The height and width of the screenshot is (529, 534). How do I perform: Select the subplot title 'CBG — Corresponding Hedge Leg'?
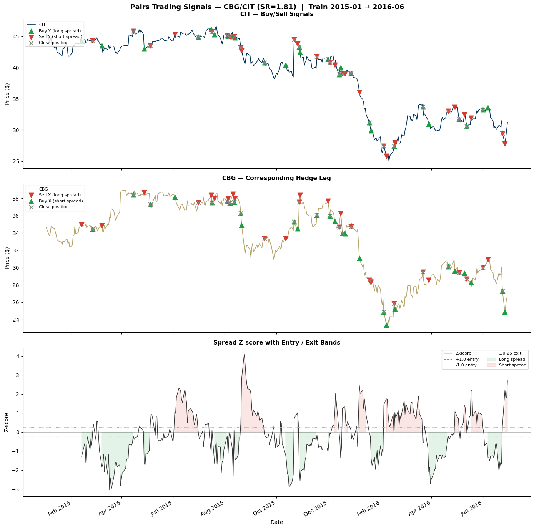pyautogui.click(x=276, y=178)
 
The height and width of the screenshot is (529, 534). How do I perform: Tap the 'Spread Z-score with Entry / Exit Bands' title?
pyautogui.click(x=276, y=343)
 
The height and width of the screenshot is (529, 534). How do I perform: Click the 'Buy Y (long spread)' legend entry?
pyautogui.click(x=60, y=31)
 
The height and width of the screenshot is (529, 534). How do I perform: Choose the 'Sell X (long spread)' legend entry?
pyautogui.click(x=60, y=195)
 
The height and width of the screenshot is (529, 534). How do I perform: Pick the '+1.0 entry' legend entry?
pyautogui.click(x=467, y=359)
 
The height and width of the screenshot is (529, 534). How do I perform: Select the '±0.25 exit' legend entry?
pyautogui.click(x=510, y=353)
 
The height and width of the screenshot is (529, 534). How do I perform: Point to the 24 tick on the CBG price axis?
pyautogui.click(x=17, y=320)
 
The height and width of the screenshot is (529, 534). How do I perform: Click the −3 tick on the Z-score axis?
pyautogui.click(x=17, y=489)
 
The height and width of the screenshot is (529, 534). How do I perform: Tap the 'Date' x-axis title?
pyautogui.click(x=276, y=522)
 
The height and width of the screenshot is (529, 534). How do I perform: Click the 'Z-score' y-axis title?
pyautogui.click(x=7, y=422)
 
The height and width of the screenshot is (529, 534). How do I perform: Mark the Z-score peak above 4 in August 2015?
pyautogui.click(x=244, y=355)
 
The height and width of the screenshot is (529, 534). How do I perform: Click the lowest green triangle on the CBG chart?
pyautogui.click(x=386, y=325)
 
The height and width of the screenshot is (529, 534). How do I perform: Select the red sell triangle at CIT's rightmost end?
pyautogui.click(x=505, y=144)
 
